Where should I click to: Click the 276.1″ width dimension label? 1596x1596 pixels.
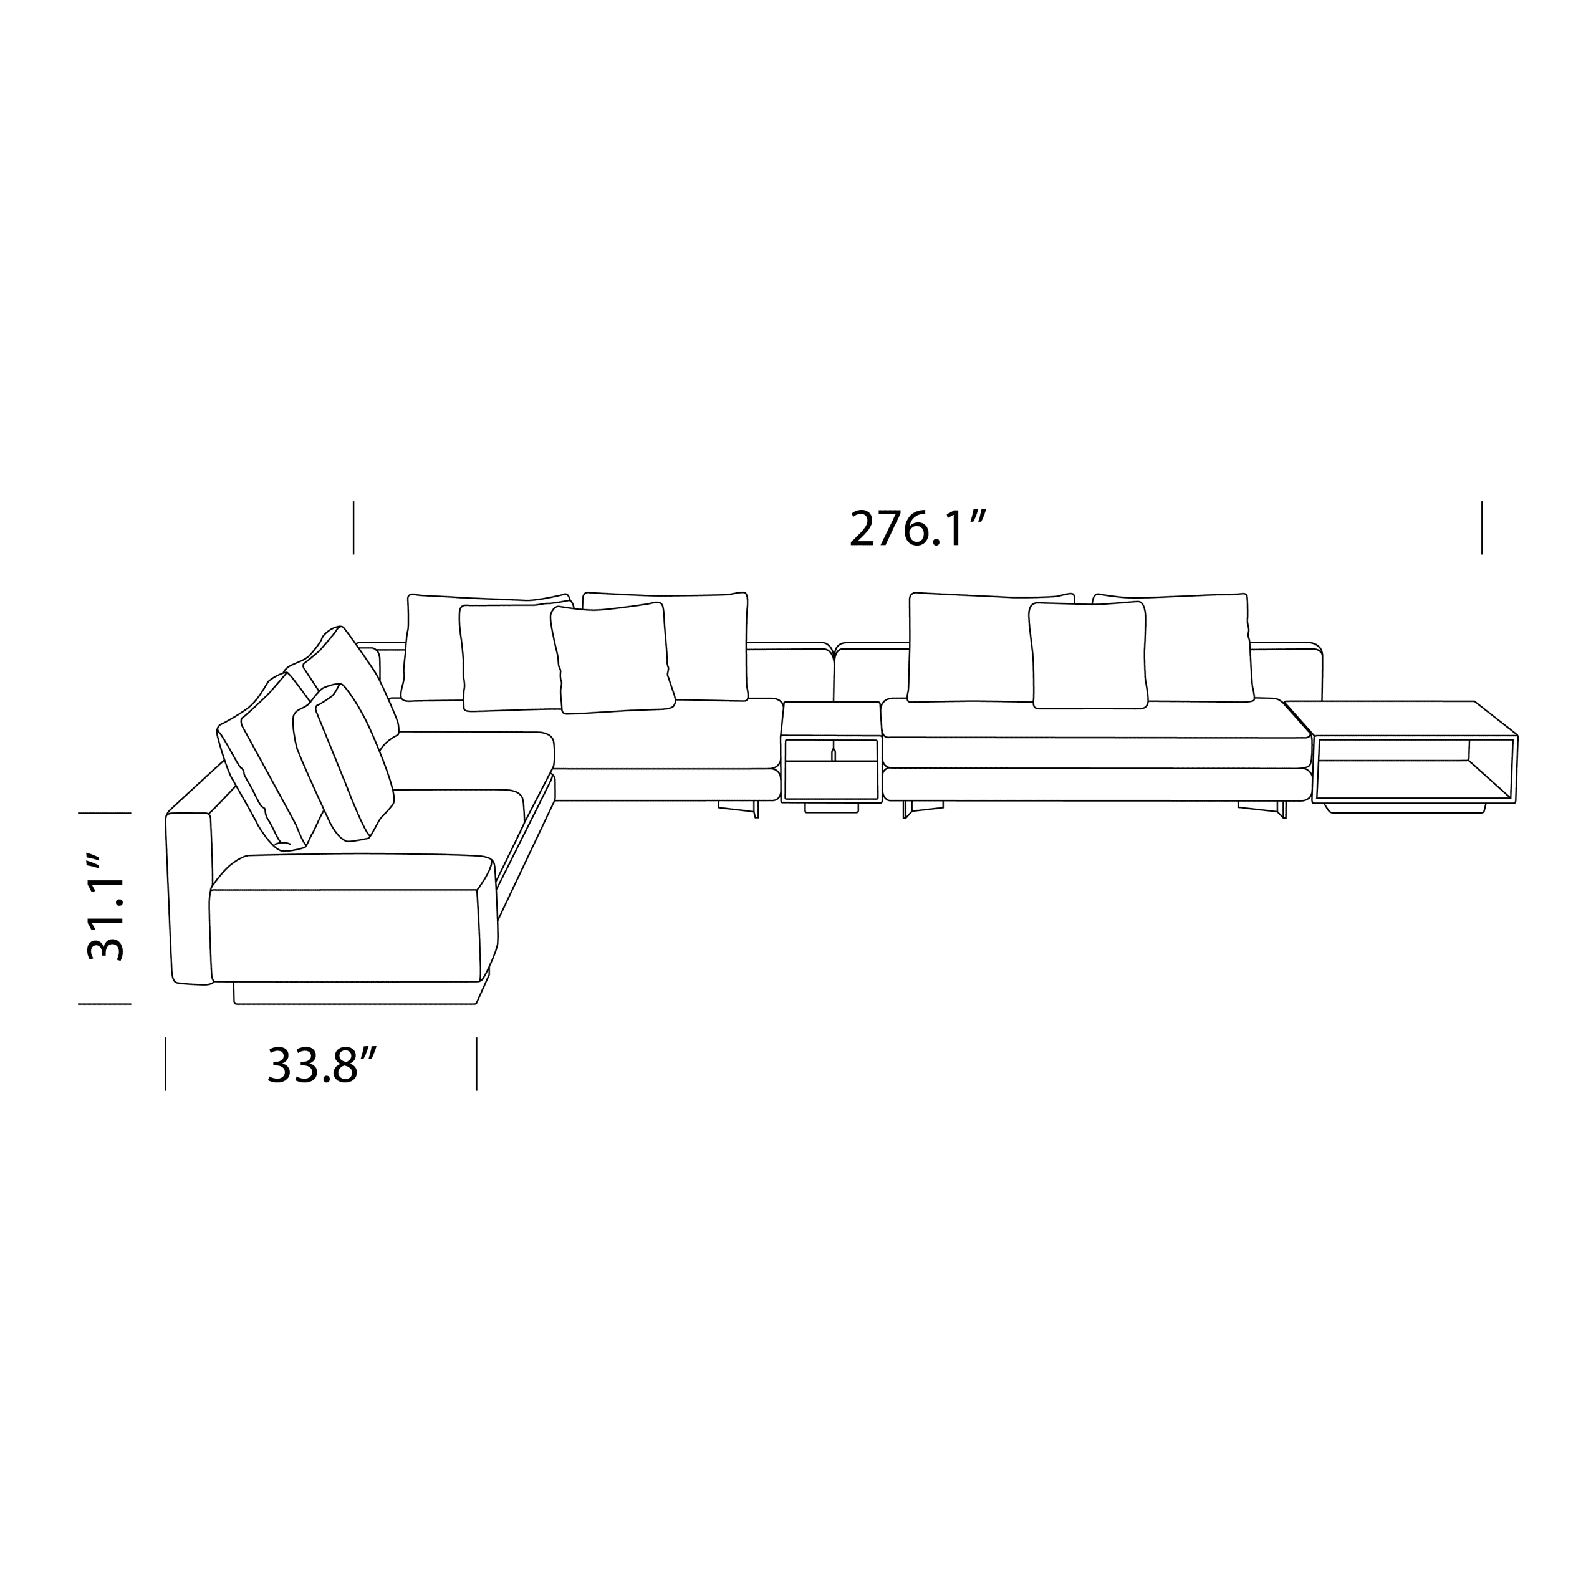point(918,529)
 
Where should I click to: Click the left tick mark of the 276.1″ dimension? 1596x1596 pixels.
point(353,527)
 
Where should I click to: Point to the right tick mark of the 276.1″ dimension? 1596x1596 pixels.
point(1482,527)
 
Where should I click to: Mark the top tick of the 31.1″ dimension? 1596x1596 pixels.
point(105,813)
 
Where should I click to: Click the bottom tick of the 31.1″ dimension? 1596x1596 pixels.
point(105,1004)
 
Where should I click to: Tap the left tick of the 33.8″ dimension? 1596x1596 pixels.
point(166,1064)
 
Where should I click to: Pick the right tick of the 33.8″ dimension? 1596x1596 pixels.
point(477,1064)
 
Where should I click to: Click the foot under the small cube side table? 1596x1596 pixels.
point(831,808)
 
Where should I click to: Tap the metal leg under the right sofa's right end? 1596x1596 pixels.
point(1264,807)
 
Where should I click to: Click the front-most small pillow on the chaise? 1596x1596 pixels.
point(351,760)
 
